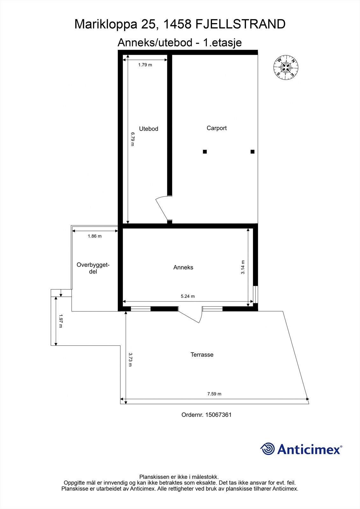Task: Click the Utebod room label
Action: [149, 129]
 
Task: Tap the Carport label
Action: [216, 128]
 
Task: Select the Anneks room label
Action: [183, 268]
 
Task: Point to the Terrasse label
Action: [202, 354]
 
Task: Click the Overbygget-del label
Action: [93, 268]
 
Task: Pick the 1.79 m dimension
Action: [145, 65]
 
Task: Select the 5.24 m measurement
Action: [187, 296]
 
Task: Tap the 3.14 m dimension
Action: [243, 267]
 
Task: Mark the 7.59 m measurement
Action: [214, 394]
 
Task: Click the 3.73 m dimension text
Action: [130, 359]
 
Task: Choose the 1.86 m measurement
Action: [95, 236]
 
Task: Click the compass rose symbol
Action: [286, 67]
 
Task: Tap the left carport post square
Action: [205, 152]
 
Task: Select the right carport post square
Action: [252, 152]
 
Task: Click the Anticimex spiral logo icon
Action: [267, 449]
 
